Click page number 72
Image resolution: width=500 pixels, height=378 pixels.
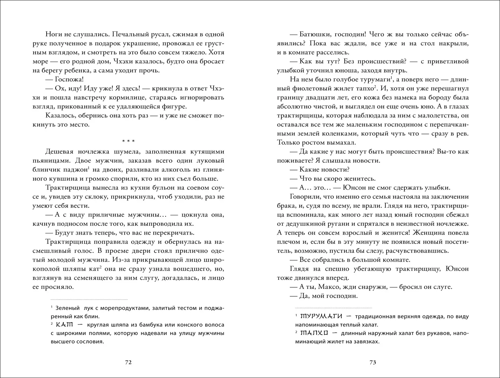pyautogui.click(x=128, y=362)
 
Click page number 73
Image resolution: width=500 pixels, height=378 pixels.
pyautogui.click(x=373, y=362)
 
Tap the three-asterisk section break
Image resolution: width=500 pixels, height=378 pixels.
pyautogui.click(x=128, y=141)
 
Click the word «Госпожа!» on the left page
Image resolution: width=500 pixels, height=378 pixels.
pyautogui.click(x=64, y=79)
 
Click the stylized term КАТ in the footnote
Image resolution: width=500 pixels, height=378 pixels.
pyautogui.click(x=64, y=325)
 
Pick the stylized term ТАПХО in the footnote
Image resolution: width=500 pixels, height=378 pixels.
pyautogui.click(x=314, y=333)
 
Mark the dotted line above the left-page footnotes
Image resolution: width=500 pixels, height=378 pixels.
pyautogui.click(x=89, y=299)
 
